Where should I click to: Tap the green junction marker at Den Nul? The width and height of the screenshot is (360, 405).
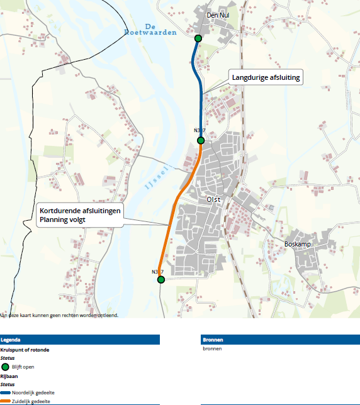coord(198,38)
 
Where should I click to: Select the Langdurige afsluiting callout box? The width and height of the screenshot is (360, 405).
coord(266,78)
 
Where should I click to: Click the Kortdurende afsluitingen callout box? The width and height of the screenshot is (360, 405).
coord(80,215)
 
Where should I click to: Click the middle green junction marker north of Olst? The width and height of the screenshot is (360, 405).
coord(201,140)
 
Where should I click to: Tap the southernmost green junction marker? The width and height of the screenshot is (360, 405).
coord(161,280)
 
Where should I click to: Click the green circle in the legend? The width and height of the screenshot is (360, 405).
coord(5,367)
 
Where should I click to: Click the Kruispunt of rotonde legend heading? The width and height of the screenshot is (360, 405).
coord(25,349)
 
